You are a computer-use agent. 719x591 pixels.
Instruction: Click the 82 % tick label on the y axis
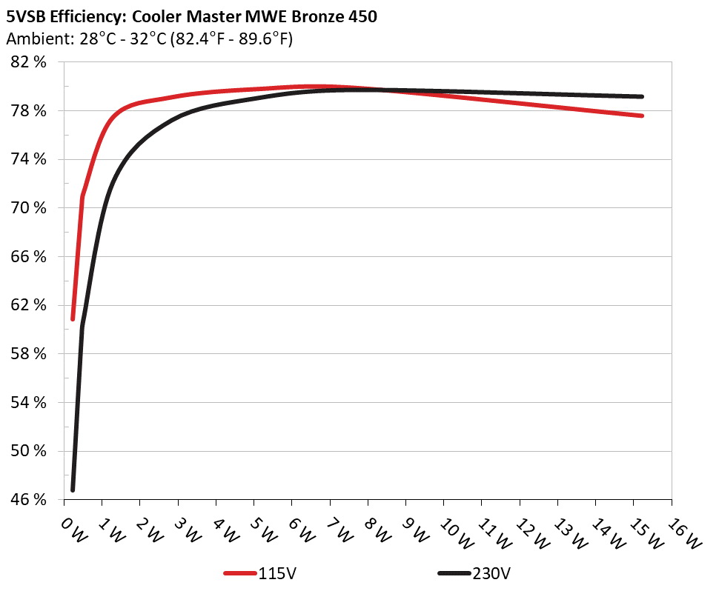coord(29,62)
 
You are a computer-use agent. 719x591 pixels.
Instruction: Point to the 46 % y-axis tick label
coord(29,500)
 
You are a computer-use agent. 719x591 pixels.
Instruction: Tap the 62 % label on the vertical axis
coord(29,305)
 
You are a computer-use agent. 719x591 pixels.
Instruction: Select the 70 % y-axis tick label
coord(29,208)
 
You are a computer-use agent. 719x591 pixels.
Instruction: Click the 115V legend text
coord(279,573)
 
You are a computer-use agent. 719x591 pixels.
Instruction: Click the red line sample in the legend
coord(240,573)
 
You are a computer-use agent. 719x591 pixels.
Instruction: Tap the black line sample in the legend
coord(454,573)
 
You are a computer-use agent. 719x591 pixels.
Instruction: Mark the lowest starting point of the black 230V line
coord(73,490)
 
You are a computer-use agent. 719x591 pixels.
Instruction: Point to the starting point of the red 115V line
coord(73,318)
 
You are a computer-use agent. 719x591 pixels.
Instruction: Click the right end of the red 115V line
coord(641,116)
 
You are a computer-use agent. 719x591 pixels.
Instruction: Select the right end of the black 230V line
coord(641,96)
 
